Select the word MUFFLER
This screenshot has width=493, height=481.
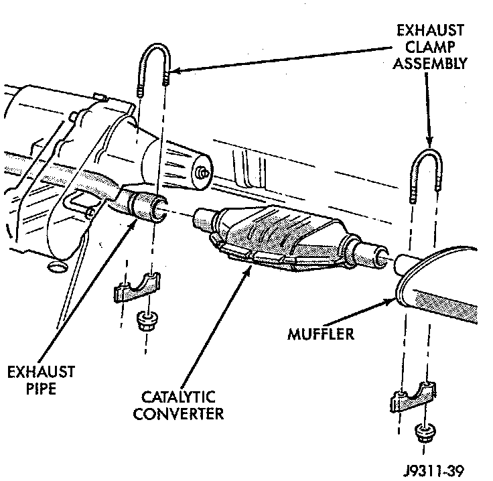(320, 333)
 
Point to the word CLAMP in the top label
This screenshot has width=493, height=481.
(429, 46)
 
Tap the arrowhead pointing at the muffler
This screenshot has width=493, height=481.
(393, 301)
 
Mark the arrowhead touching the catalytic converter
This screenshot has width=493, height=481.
(253, 267)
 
